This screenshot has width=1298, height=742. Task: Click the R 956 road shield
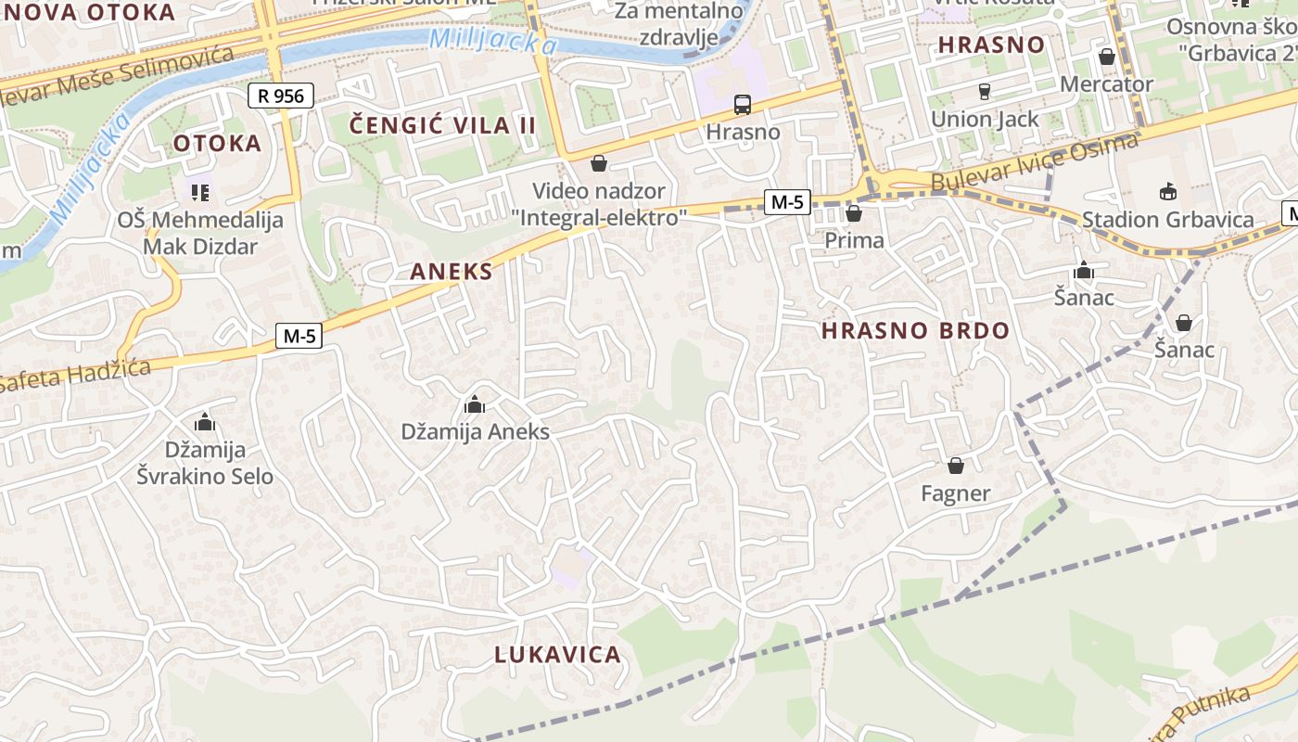[x=282, y=96]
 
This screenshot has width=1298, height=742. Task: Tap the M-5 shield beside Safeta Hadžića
[x=299, y=336]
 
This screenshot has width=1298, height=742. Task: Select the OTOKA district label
[x=217, y=143]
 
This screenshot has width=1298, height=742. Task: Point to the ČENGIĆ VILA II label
[x=443, y=125]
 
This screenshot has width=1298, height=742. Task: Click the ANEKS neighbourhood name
[x=452, y=272]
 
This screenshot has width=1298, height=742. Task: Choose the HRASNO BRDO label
[x=915, y=331]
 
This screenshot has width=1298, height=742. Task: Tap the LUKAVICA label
[x=557, y=655]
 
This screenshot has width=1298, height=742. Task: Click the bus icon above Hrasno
[x=743, y=104]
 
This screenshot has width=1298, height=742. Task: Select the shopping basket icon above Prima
[x=854, y=214]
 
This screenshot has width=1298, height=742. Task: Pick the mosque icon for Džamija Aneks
[x=475, y=405]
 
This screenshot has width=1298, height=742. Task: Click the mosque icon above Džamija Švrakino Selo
[x=205, y=423]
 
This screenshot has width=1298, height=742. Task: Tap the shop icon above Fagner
[x=956, y=466]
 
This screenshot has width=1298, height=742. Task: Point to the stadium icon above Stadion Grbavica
[x=1167, y=192]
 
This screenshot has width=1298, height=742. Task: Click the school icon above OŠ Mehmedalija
[x=200, y=193]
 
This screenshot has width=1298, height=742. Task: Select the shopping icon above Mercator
[x=1106, y=58]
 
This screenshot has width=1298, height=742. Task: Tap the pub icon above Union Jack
[x=985, y=92]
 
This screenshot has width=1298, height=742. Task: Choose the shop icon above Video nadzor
[x=599, y=164]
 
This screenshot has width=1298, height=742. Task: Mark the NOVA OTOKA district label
[x=88, y=12]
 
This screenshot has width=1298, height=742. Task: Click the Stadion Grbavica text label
[x=1167, y=220]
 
